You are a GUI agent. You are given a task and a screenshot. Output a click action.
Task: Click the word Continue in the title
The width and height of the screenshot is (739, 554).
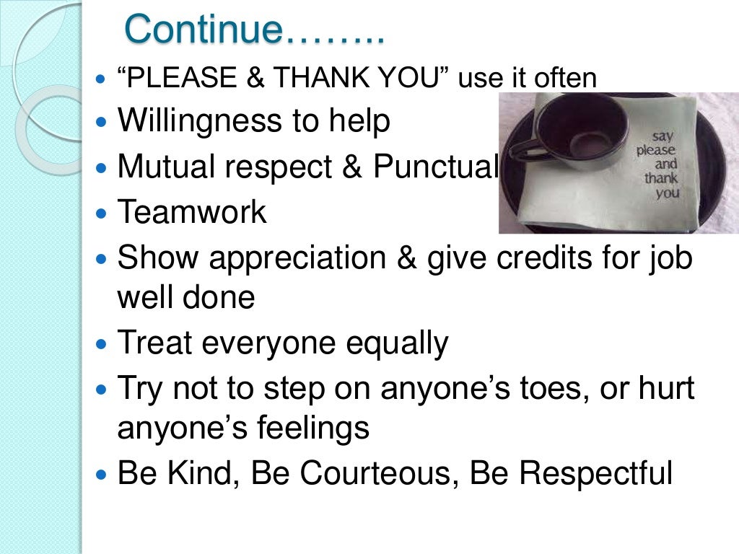[203, 30]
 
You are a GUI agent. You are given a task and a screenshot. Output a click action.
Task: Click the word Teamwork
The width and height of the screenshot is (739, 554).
[192, 213]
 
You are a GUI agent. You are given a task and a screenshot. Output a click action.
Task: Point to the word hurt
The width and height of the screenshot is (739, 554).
[664, 389]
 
